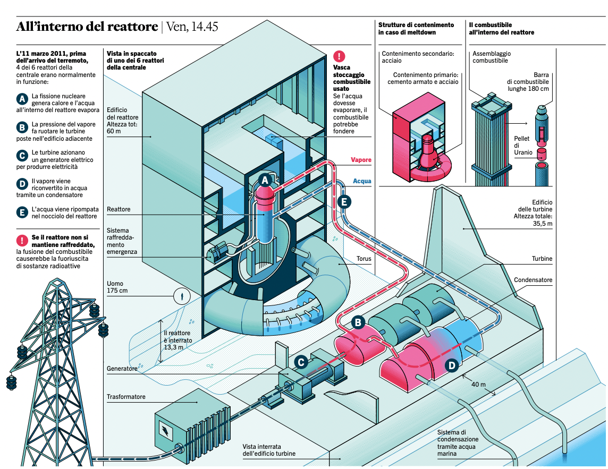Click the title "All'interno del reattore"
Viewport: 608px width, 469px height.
(x=87, y=27)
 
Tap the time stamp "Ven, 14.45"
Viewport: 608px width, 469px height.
(x=192, y=27)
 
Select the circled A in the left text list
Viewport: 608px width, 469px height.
(x=22, y=99)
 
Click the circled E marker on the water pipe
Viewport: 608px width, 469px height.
(x=344, y=202)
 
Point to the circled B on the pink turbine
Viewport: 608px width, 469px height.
(x=358, y=322)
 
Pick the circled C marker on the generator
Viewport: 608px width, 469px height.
(x=301, y=362)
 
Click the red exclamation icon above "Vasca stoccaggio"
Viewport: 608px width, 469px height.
(x=339, y=57)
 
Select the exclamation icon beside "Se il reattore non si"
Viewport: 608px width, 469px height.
(x=22, y=240)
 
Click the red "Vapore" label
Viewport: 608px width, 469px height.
(x=361, y=160)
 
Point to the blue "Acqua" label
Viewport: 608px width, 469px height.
(x=362, y=181)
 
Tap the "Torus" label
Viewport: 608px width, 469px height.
(x=364, y=260)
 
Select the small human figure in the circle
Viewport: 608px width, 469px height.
(x=182, y=295)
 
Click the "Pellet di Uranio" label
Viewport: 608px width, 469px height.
(x=523, y=146)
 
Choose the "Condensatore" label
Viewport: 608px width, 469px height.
(x=533, y=280)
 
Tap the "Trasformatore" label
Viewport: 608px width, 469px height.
(x=126, y=397)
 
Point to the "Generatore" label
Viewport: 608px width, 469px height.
(x=122, y=368)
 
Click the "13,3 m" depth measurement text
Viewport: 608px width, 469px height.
(x=174, y=347)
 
